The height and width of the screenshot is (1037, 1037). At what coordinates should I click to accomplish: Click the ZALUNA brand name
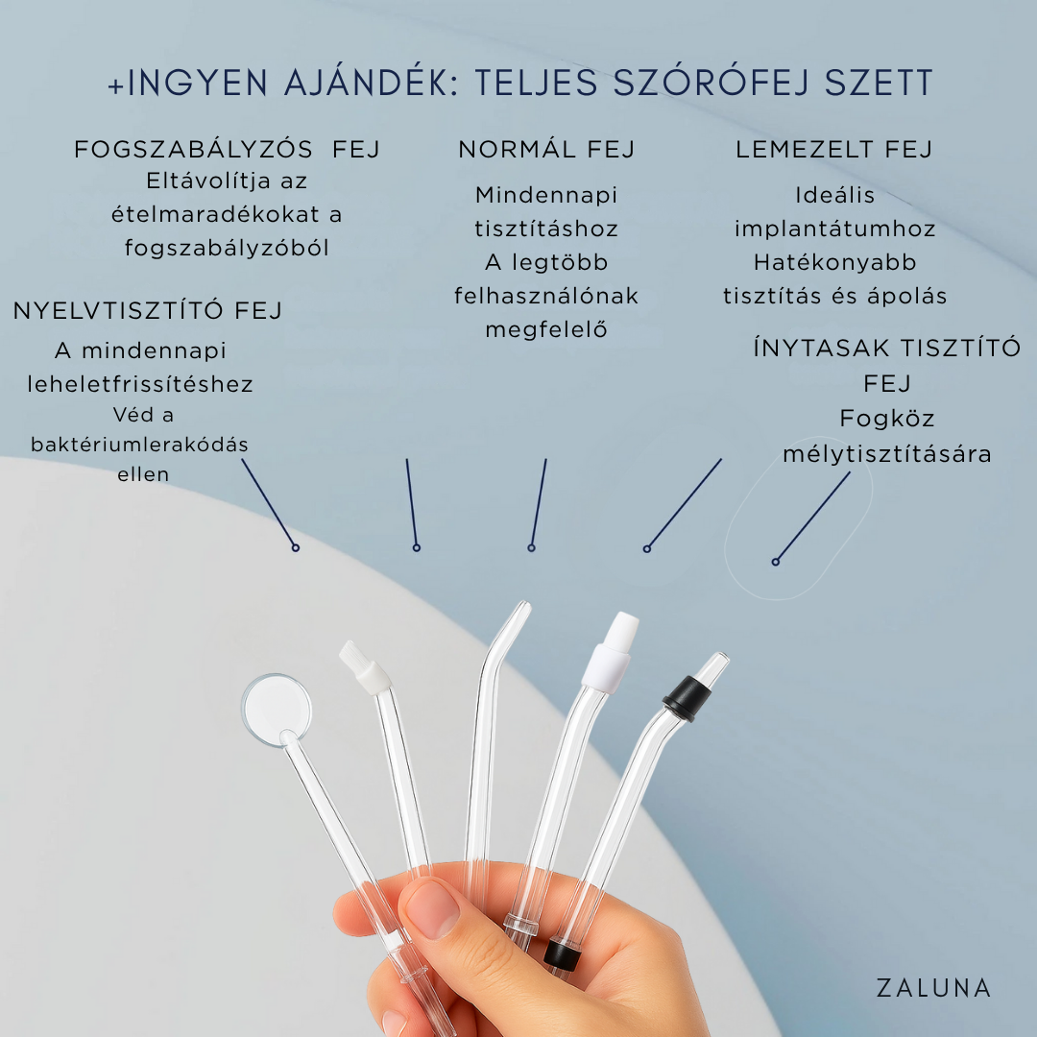[x=933, y=988]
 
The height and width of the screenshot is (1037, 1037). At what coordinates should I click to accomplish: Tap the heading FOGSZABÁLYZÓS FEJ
[x=227, y=150]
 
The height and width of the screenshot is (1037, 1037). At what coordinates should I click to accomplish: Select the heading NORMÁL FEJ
[x=546, y=150]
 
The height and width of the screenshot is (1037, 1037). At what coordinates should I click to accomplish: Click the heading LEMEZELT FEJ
[x=834, y=150]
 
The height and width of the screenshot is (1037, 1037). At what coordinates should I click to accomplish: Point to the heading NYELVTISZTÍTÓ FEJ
[x=148, y=310]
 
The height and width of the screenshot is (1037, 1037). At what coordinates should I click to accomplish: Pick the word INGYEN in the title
[x=197, y=83]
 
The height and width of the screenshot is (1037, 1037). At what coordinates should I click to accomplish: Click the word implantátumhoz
[x=835, y=229]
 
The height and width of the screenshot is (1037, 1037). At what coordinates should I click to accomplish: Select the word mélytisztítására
[x=887, y=454]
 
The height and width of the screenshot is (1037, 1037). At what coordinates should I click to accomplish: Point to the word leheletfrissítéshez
[x=140, y=383]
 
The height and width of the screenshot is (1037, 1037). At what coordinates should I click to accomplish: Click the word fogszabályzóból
[x=227, y=248]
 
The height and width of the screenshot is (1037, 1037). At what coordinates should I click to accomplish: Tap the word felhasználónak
[x=546, y=296]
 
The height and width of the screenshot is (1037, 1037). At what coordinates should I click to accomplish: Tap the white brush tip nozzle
[x=365, y=667]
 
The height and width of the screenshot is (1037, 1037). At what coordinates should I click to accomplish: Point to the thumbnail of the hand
[x=432, y=910]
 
